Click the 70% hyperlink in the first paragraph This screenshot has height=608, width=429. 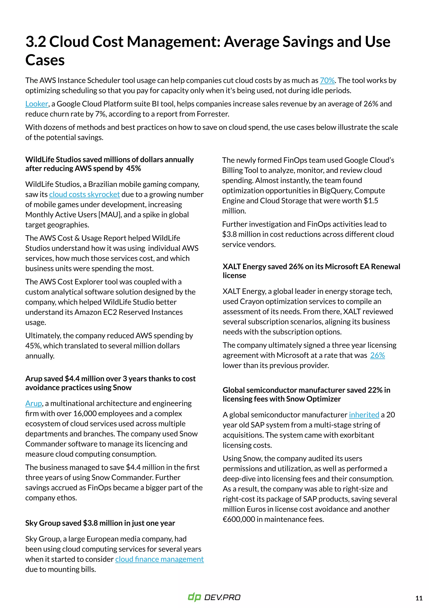click(327, 80)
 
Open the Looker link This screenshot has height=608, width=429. click(36, 104)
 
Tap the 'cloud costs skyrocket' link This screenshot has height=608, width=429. click(84, 194)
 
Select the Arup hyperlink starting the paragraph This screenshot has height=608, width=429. click(34, 403)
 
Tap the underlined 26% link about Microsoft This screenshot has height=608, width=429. click(377, 355)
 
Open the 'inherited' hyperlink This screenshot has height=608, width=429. click(364, 415)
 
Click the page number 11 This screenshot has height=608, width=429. click(419, 598)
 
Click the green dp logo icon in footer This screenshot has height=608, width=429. click(194, 597)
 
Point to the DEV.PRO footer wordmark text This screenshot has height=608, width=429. click(222, 597)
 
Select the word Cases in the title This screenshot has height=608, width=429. click(45, 60)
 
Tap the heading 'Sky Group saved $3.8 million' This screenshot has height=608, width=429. click(100, 523)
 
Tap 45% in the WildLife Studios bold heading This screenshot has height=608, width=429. click(133, 168)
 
